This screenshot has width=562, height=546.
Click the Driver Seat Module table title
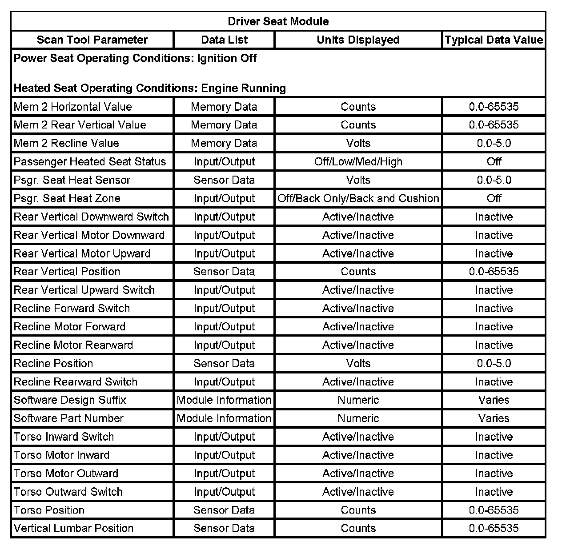pos(278,21)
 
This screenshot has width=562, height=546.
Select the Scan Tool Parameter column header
pos(92,40)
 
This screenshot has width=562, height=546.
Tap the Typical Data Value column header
pos(494,40)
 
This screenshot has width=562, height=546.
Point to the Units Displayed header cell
pos(358,40)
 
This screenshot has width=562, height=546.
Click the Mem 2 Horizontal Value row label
pos(73,107)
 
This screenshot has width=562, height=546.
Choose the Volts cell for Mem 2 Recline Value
pos(358,143)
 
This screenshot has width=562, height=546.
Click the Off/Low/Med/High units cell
pos(358,161)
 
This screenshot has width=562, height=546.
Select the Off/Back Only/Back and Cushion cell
pos(358,198)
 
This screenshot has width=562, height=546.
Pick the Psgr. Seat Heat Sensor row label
pos(72,180)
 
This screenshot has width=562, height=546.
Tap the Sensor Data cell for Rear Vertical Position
pos(224,272)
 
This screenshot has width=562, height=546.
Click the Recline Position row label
pos(53,363)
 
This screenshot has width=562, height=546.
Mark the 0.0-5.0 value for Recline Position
pos(494,363)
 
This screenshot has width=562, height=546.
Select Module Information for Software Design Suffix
pos(224,400)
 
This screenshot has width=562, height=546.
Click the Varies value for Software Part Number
pos(494,418)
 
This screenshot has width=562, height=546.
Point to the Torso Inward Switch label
pos(64,437)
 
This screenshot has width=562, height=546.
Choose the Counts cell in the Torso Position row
pos(358,510)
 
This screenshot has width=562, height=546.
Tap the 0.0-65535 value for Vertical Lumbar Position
pos(494,528)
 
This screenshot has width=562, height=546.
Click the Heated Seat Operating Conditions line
pos(150,88)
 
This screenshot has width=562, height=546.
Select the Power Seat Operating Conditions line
pos(135,58)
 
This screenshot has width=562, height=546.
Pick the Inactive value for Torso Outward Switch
pos(494,492)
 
